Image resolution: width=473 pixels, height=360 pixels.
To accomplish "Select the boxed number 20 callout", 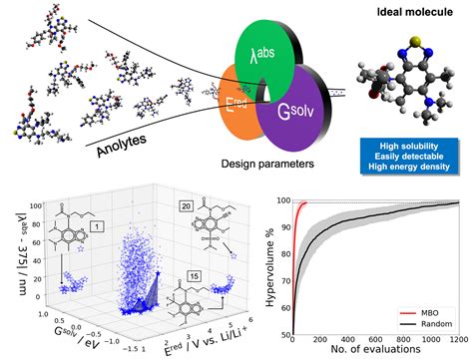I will pos(186,205).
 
